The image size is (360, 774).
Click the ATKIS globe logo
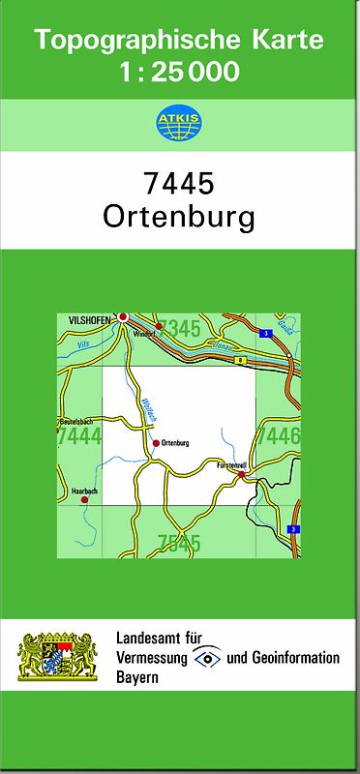click(180, 123)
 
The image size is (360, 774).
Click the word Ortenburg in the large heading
click(179, 216)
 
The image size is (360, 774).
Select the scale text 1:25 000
click(180, 71)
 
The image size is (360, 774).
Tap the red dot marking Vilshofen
click(123, 316)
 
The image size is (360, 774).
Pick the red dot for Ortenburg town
click(155, 443)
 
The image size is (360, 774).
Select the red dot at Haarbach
click(85, 499)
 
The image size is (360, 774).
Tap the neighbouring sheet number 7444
click(79, 437)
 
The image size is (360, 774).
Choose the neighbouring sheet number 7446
click(280, 436)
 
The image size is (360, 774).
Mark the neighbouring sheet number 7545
click(179, 543)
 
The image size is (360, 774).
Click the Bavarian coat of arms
click(60, 657)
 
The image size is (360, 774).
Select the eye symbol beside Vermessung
click(207, 658)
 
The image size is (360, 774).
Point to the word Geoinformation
click(294, 658)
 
